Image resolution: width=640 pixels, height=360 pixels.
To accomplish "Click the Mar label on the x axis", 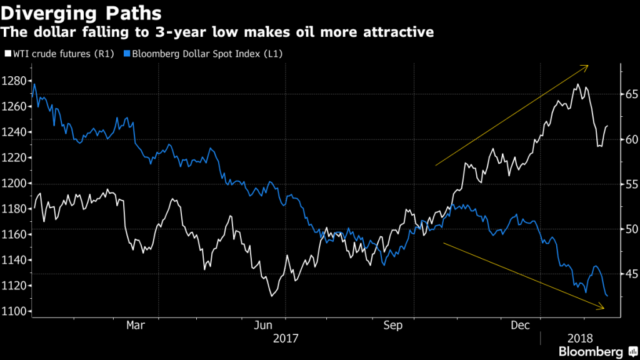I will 136,325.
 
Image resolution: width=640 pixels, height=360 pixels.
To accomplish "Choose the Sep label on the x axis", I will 392,325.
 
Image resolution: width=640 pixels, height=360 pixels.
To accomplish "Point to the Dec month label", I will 521,325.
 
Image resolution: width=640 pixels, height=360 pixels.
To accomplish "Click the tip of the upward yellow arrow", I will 588,66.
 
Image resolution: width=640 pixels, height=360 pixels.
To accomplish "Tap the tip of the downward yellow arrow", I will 604,307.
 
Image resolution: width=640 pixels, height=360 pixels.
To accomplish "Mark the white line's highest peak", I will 577,84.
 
